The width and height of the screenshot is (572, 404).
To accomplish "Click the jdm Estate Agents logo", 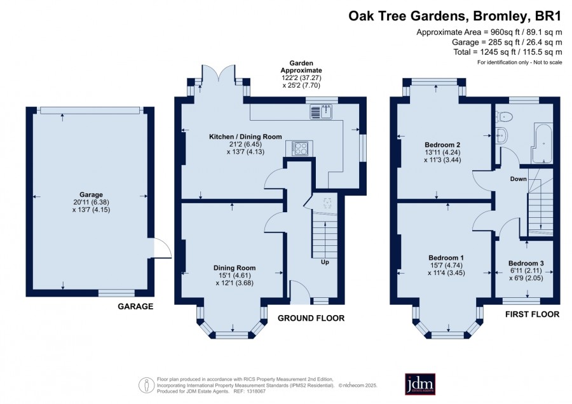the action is (x=420, y=384).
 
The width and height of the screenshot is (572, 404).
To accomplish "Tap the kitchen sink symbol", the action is (x=321, y=112).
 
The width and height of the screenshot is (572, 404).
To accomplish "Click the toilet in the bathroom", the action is (x=504, y=116).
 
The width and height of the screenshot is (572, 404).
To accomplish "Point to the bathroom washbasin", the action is (x=501, y=136).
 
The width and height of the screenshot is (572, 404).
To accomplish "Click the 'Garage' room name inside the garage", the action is (x=91, y=195).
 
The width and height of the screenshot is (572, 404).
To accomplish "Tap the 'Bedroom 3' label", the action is (x=526, y=263).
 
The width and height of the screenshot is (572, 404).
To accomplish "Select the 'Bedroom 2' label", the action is (x=442, y=145).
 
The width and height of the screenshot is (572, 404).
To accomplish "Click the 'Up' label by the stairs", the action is (x=325, y=262).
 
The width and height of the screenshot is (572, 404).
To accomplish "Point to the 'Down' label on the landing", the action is (x=519, y=179).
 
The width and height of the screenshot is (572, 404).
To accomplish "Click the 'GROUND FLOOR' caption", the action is (x=311, y=318).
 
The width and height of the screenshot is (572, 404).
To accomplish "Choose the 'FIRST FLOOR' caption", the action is (x=532, y=314).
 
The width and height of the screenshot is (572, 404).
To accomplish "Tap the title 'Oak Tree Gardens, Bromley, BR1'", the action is (x=455, y=17).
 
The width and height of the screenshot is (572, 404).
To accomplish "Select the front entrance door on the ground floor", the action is (x=300, y=292).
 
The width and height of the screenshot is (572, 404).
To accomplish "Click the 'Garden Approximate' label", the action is (x=301, y=67).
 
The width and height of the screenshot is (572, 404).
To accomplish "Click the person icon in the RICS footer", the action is (x=146, y=385).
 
